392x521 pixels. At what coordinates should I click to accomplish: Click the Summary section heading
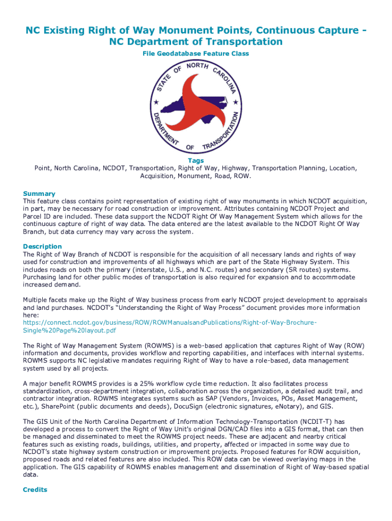[x=39, y=194]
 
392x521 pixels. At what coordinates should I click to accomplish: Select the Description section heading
[x=42, y=246]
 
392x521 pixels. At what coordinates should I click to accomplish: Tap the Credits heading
[x=35, y=489]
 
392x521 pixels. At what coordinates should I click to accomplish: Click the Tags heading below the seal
[x=196, y=161]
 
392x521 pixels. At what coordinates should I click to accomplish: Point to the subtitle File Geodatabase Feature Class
[x=195, y=53]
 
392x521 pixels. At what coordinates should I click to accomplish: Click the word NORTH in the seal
[x=196, y=67]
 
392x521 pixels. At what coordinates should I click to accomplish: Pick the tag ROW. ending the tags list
[x=242, y=176]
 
